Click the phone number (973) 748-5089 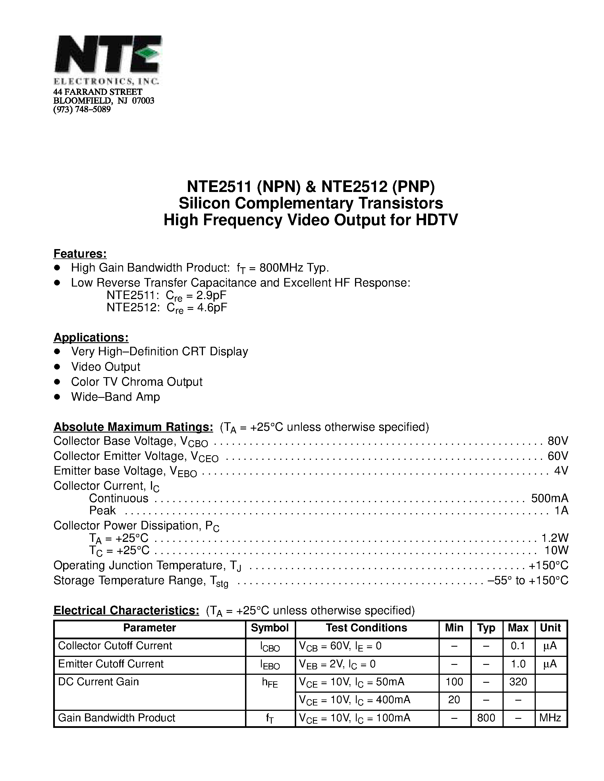tap(82, 109)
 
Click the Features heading tap(80, 254)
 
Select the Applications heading tap(91, 337)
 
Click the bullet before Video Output tap(57, 367)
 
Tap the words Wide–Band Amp tap(115, 396)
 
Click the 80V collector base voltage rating tap(557, 441)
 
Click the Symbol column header tap(270, 628)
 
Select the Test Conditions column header tap(366, 628)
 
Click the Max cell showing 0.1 tap(518, 646)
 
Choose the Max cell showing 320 tap(518, 682)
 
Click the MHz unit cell tap(550, 718)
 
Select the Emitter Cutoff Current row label tap(111, 664)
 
